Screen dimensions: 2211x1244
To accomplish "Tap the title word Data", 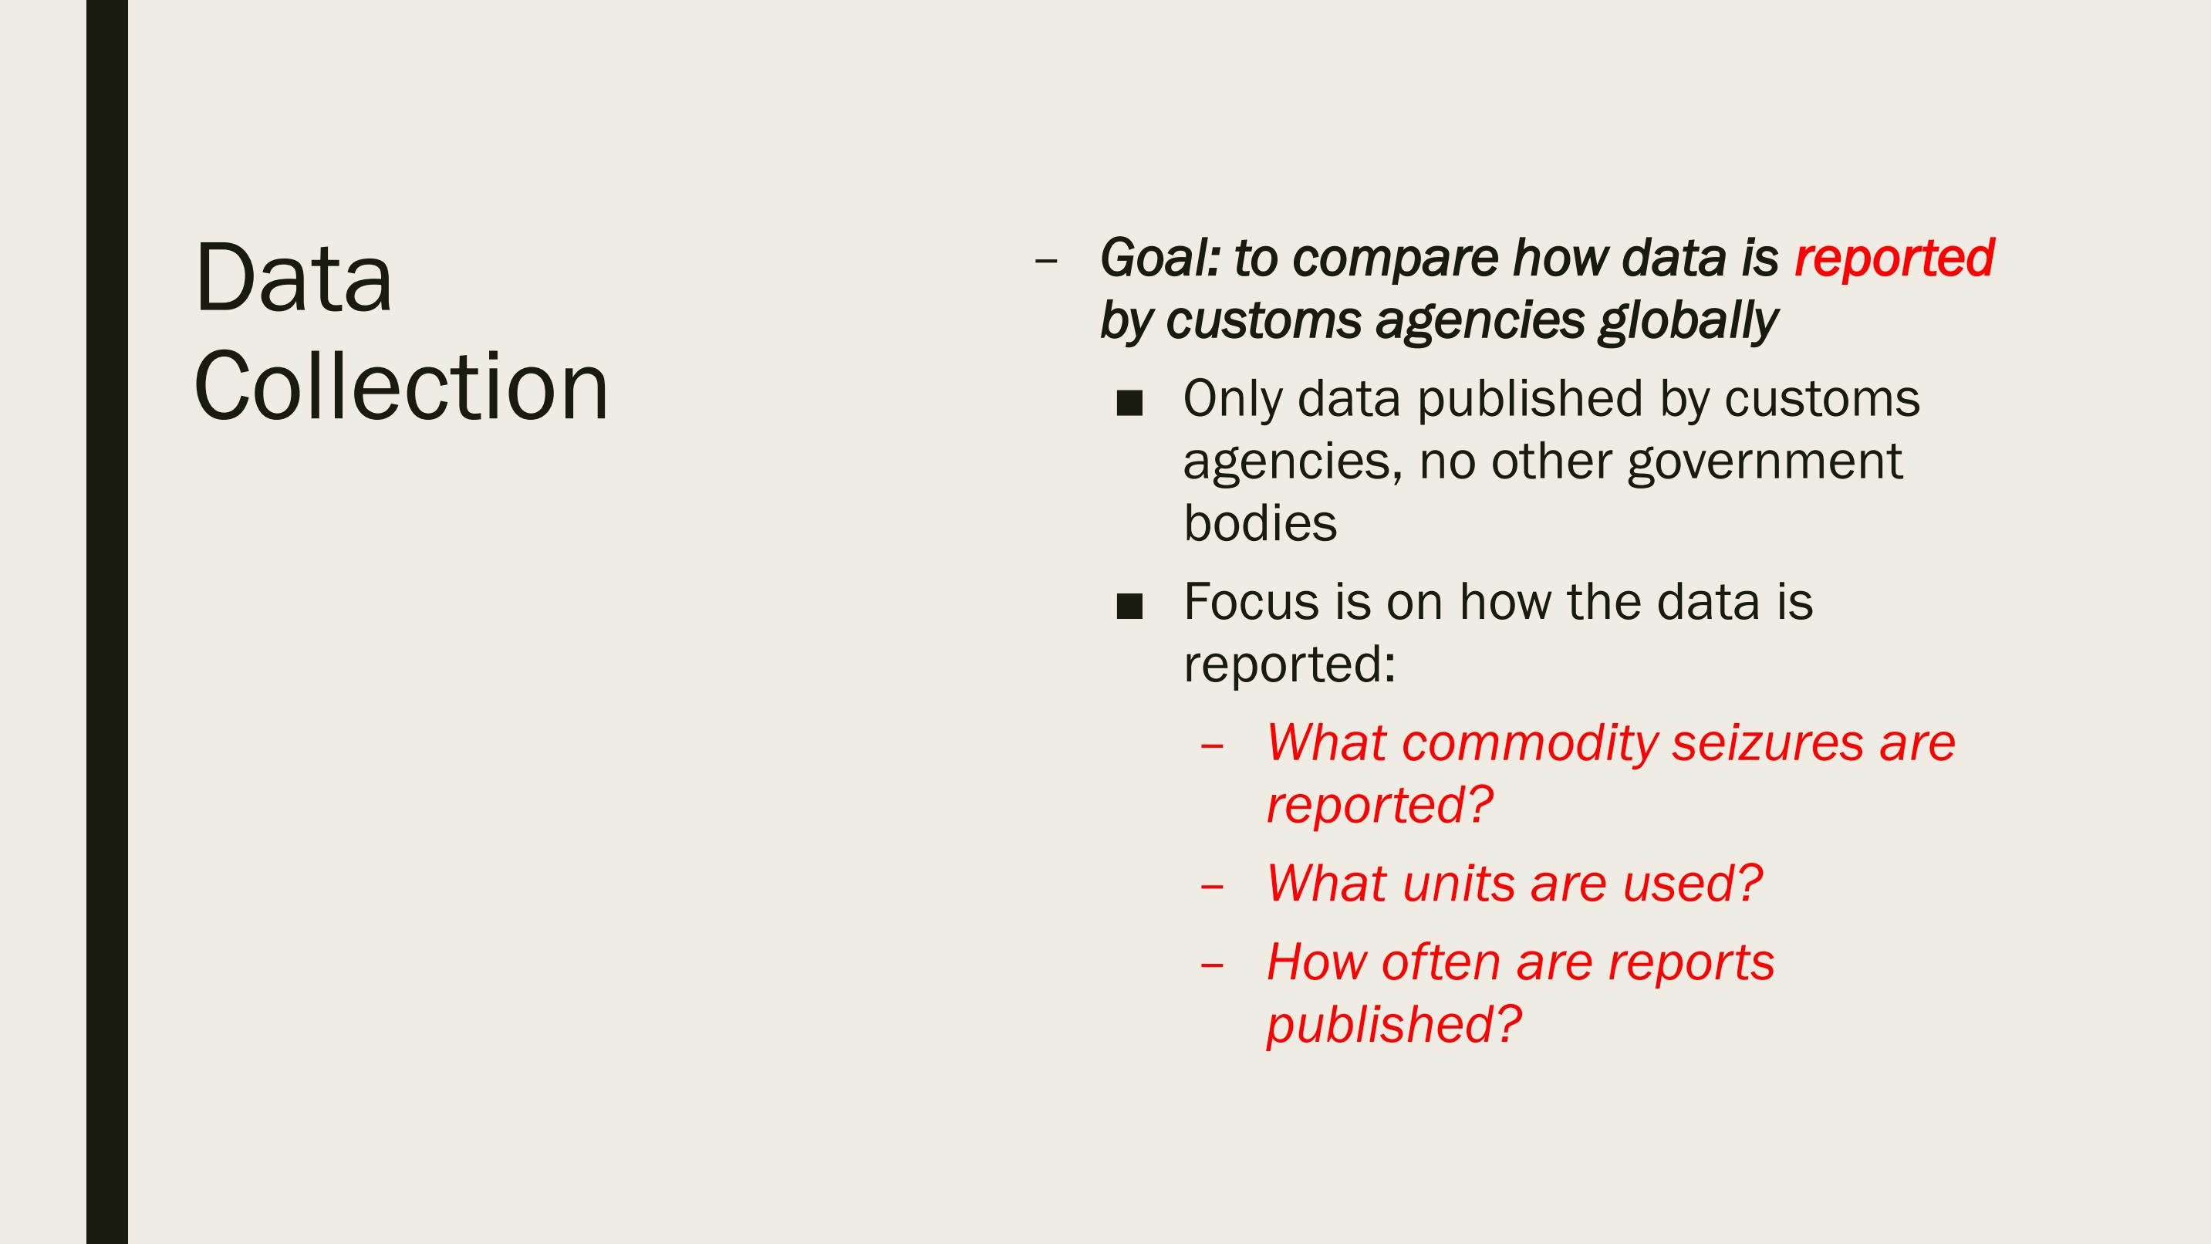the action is [294, 279].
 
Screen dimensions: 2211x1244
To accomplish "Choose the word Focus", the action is [1251, 602].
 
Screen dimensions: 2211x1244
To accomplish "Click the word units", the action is [1459, 884].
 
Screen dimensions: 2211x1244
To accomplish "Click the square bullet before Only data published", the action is [1129, 404].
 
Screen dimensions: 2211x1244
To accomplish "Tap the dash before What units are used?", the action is [1212, 886].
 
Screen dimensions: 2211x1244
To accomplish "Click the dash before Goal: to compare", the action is [1045, 260].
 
